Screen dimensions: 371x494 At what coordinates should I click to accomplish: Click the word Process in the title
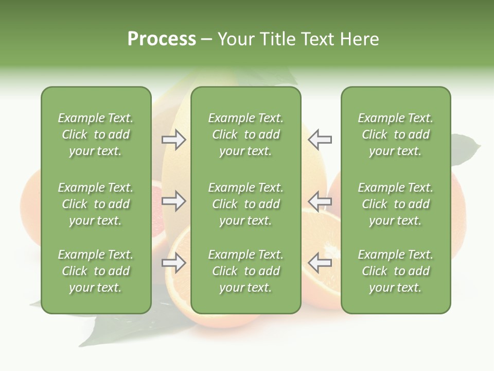(x=162, y=39)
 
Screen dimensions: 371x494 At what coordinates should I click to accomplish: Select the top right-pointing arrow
(x=174, y=140)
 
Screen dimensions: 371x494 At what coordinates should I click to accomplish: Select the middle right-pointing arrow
(x=174, y=201)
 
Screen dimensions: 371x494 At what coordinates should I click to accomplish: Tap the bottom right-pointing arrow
(x=174, y=263)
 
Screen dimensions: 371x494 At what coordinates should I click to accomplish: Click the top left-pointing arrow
(x=320, y=140)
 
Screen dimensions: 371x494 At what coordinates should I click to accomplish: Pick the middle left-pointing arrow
(x=320, y=201)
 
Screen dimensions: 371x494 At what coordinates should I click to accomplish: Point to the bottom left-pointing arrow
(x=320, y=263)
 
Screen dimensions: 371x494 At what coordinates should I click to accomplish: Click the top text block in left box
(x=96, y=134)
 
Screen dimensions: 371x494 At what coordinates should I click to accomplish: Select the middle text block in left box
(x=96, y=204)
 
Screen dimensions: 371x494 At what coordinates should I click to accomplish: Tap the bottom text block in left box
(x=96, y=271)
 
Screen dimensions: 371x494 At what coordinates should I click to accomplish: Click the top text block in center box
(x=245, y=134)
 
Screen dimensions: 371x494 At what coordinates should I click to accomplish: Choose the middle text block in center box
(x=245, y=204)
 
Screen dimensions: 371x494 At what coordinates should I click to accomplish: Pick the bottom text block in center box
(x=245, y=271)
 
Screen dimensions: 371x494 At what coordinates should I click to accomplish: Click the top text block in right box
(x=395, y=134)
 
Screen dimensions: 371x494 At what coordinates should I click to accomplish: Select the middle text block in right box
(x=395, y=204)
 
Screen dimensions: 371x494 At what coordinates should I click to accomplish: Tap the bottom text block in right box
(x=395, y=271)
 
